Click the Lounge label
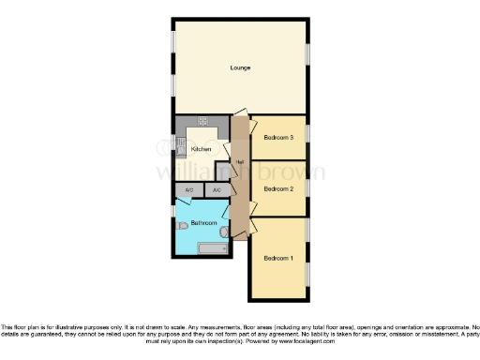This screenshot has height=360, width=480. [240, 67]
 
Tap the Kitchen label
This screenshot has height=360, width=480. [201, 149]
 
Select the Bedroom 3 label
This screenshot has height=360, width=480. [278, 138]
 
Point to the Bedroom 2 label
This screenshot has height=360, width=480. [278, 188]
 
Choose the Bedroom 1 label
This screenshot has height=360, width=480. [277, 257]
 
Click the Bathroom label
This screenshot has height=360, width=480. [203, 223]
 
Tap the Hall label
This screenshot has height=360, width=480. [240, 162]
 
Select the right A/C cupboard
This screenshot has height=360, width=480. [217, 190]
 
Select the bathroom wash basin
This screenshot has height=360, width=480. [225, 230]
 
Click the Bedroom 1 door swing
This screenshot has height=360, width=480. [253, 229]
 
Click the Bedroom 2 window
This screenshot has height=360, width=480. [308, 187]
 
